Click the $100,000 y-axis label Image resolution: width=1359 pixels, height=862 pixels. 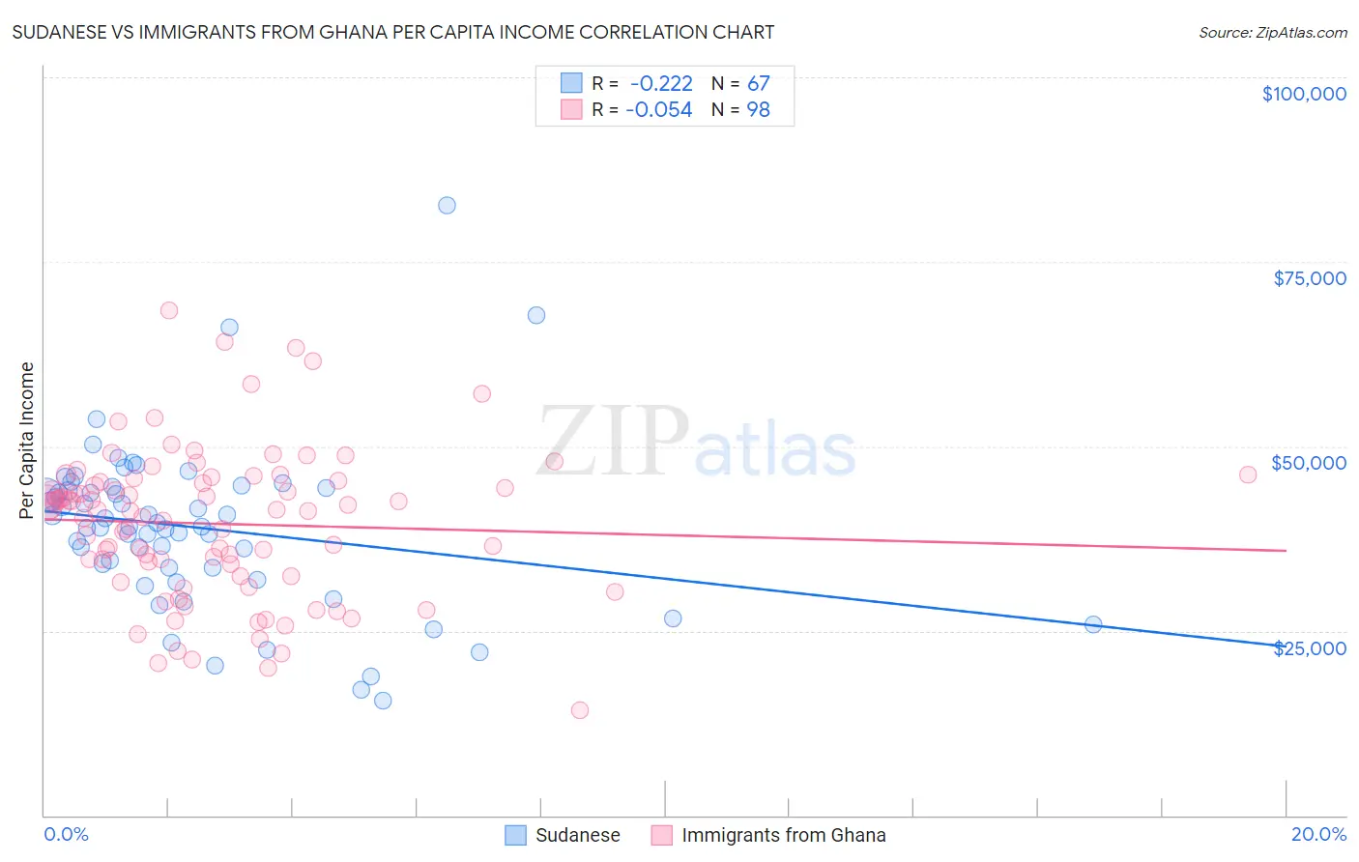click(x=1303, y=94)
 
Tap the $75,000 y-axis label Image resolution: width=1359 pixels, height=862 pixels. click(x=1309, y=278)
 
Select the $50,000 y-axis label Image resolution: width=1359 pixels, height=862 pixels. click(x=1308, y=463)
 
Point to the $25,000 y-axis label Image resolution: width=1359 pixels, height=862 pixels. click(x=1309, y=647)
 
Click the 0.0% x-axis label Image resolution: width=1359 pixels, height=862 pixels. click(x=66, y=834)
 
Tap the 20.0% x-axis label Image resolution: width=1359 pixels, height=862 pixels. click(x=1318, y=834)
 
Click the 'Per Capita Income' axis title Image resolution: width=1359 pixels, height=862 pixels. click(x=27, y=441)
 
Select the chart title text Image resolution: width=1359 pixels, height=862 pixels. click(x=393, y=32)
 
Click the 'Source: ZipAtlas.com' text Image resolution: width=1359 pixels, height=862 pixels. click(x=1272, y=32)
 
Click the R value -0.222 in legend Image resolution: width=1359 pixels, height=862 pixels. click(x=661, y=84)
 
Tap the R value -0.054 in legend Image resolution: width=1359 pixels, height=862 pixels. click(x=659, y=110)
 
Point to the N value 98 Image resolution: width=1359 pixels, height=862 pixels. click(x=758, y=110)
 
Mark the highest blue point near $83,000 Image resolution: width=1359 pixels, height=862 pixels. click(x=447, y=205)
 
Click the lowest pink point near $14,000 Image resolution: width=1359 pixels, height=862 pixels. click(x=580, y=710)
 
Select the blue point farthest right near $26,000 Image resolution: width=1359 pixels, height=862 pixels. click(x=1093, y=624)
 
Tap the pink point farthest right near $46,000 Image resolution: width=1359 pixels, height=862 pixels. click(x=1248, y=474)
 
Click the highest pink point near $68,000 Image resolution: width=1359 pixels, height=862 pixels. click(x=169, y=310)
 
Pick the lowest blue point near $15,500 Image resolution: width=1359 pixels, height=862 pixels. click(x=383, y=701)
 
